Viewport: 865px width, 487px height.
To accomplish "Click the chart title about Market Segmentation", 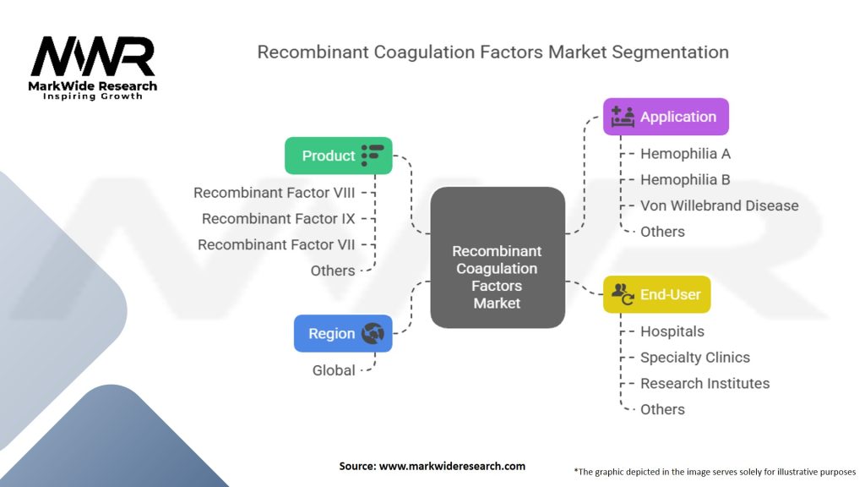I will pyautogui.click(x=492, y=52).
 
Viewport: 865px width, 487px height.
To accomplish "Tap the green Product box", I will pyautogui.click(x=339, y=156).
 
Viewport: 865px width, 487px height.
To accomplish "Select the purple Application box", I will pyautogui.click(x=666, y=117).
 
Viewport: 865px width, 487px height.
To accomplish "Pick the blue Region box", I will pyautogui.click(x=343, y=333).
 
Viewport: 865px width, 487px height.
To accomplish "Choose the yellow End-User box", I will pyautogui.click(x=656, y=294).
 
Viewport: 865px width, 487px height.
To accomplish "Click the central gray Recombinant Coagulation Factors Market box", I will pyautogui.click(x=497, y=258).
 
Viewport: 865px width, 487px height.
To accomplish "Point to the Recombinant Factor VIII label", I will pyautogui.click(x=274, y=193).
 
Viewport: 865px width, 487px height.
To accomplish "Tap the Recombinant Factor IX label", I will pyautogui.click(x=278, y=219).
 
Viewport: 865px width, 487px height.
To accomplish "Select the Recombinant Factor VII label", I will pyautogui.click(x=276, y=244).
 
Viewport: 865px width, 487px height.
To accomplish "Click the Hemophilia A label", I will pyautogui.click(x=685, y=154).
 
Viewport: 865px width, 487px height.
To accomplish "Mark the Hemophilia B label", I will pyautogui.click(x=685, y=179).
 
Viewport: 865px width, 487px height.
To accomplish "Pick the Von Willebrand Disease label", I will pyautogui.click(x=719, y=205).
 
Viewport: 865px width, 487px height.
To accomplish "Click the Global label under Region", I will pyautogui.click(x=334, y=370).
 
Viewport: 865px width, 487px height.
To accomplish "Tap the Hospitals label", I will pyautogui.click(x=672, y=331).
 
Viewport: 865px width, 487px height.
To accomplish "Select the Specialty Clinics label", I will pyautogui.click(x=694, y=358).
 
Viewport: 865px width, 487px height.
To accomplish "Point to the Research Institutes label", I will pyautogui.click(x=705, y=383).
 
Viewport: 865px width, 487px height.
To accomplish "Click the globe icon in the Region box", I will pyautogui.click(x=372, y=333).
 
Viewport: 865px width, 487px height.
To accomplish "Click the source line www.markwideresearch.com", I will pyautogui.click(x=432, y=466).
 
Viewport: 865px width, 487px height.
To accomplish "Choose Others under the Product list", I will pyautogui.click(x=333, y=271).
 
